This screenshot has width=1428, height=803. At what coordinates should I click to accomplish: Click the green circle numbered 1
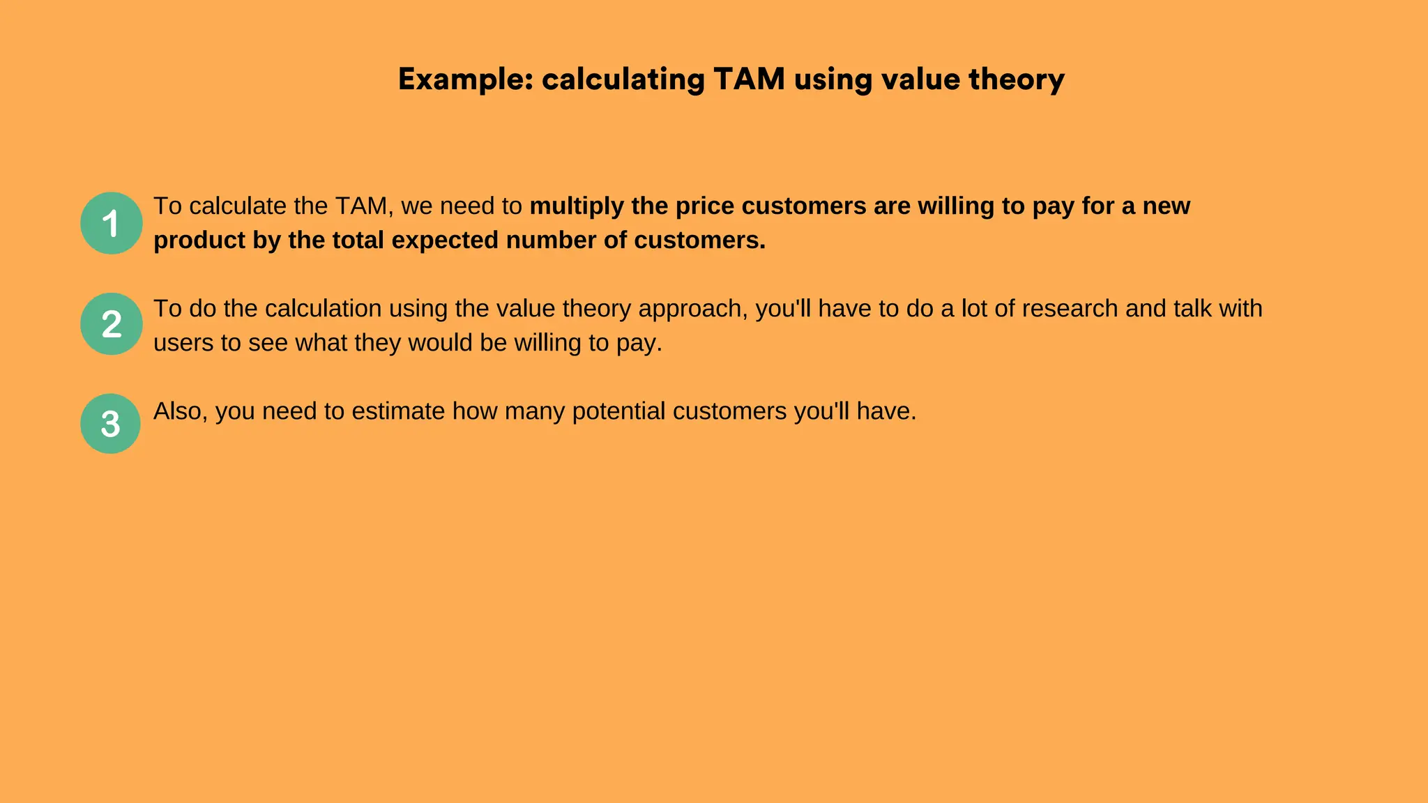[111, 223]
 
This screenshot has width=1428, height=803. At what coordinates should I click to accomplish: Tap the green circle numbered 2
[111, 324]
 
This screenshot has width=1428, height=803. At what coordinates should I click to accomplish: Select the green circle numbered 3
[110, 424]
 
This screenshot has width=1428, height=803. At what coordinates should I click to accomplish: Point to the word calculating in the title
[623, 79]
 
